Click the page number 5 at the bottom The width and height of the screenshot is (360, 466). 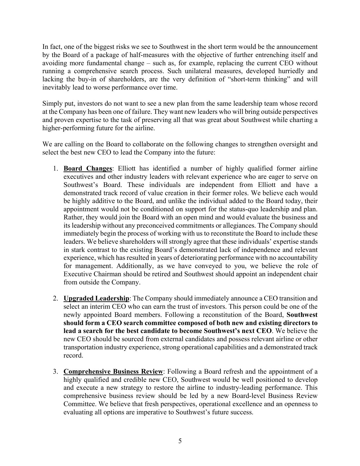pos(180,441)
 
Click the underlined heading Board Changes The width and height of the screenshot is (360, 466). pos(88,169)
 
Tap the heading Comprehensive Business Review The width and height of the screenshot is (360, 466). pos(114,372)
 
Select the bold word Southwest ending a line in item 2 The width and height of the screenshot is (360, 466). pos(302,315)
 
